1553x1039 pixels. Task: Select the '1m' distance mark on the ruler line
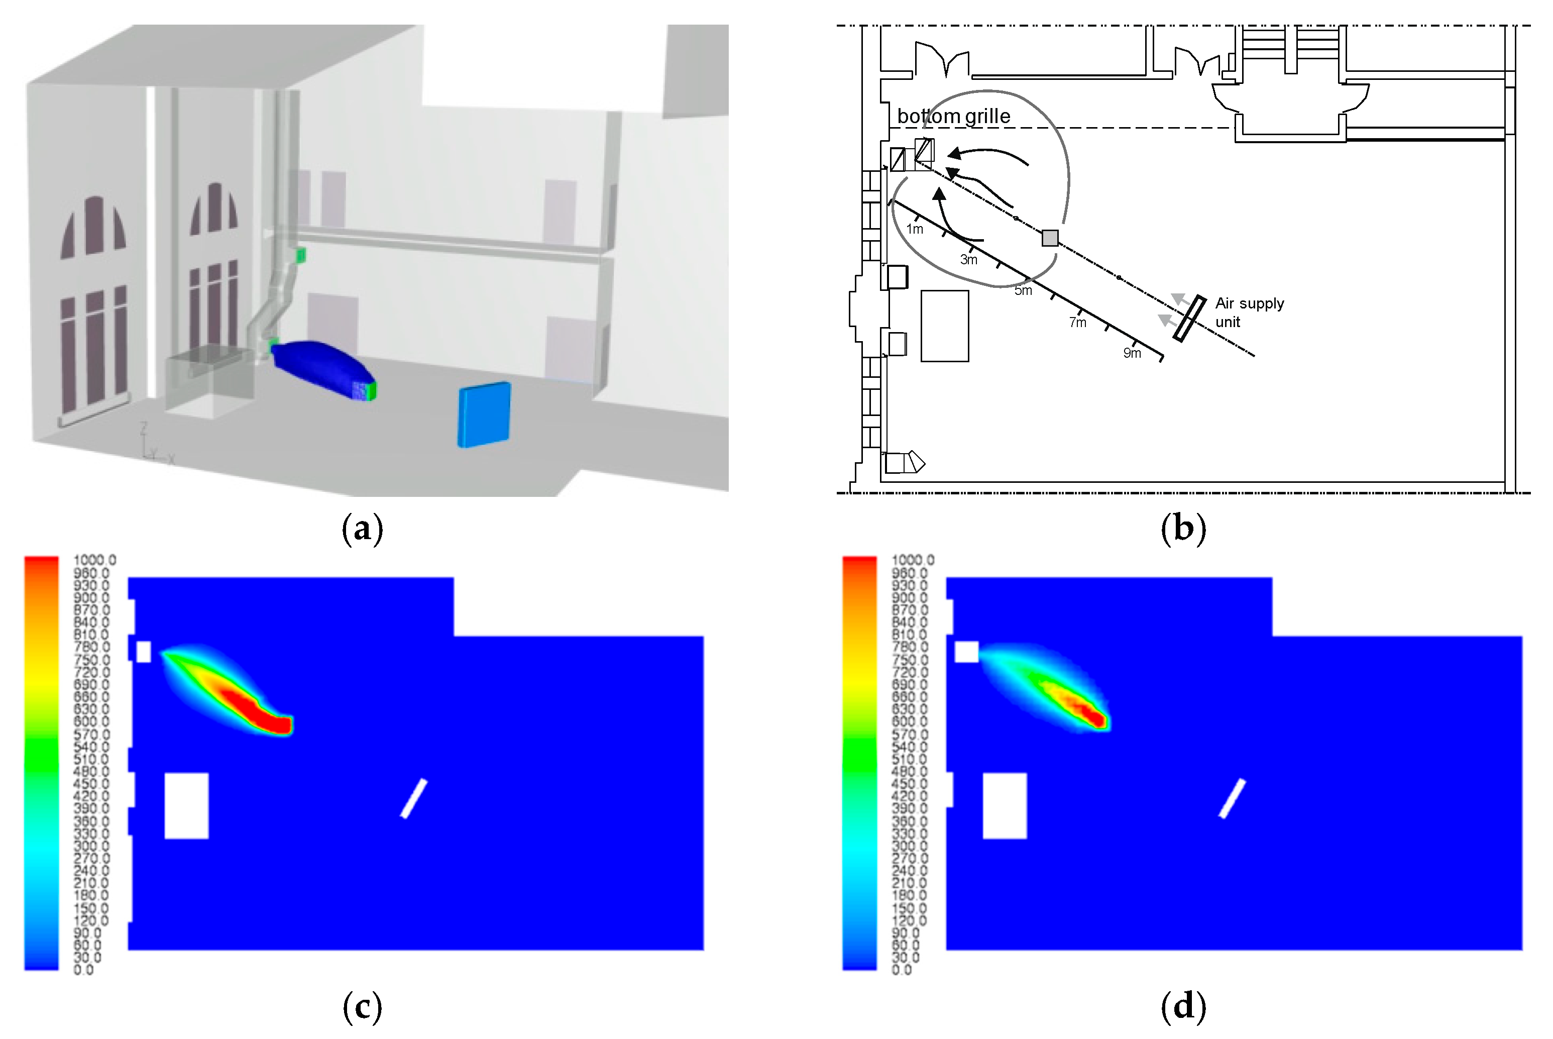point(914,229)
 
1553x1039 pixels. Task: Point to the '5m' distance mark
point(1023,290)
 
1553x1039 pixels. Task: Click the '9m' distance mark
point(1132,353)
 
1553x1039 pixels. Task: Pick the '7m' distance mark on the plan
point(1077,323)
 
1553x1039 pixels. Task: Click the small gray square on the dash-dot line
point(1050,238)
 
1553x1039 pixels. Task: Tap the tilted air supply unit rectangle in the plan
point(1189,318)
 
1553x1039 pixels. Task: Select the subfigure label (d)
point(1183,1006)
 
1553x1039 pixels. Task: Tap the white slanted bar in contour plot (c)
point(414,798)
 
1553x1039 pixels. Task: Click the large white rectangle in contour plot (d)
point(1004,805)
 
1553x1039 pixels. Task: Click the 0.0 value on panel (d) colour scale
point(902,970)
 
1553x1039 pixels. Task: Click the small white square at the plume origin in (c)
point(143,651)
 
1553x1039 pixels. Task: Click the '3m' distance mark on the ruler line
point(968,260)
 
